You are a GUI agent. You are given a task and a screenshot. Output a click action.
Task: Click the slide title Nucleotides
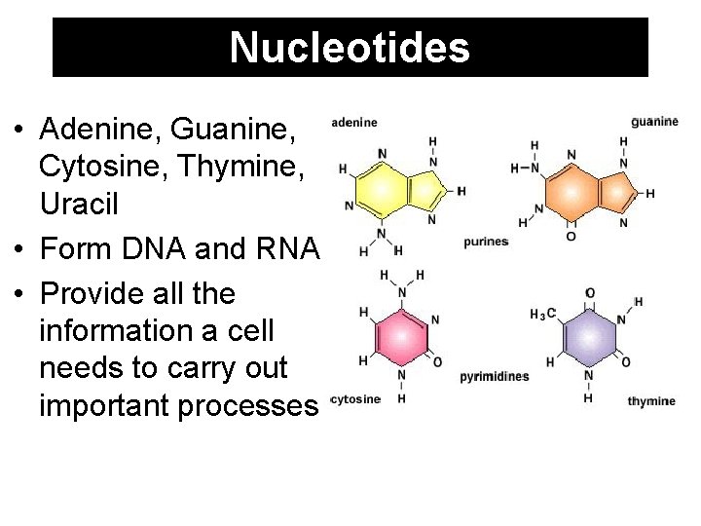pos(350,47)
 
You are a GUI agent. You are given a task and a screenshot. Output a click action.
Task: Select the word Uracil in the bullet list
pos(79,205)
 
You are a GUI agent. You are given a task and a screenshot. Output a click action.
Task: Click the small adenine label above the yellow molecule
pos(354,123)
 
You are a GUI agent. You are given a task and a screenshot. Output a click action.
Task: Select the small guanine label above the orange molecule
pos(654,122)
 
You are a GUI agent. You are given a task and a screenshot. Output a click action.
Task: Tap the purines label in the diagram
pos(486,242)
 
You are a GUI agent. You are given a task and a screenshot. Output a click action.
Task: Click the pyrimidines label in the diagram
pos(495,376)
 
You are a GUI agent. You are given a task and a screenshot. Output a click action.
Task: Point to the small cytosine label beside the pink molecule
pos(356,399)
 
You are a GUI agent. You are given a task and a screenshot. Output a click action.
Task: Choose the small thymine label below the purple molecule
pos(650,401)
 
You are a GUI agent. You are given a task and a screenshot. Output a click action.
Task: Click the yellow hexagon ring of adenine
pos(382,188)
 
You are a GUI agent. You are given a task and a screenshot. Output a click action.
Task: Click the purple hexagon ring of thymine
pos(588,337)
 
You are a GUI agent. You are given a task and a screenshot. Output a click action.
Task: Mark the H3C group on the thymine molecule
pos(543,314)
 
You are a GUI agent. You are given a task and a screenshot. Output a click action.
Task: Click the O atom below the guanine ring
pos(571,237)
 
